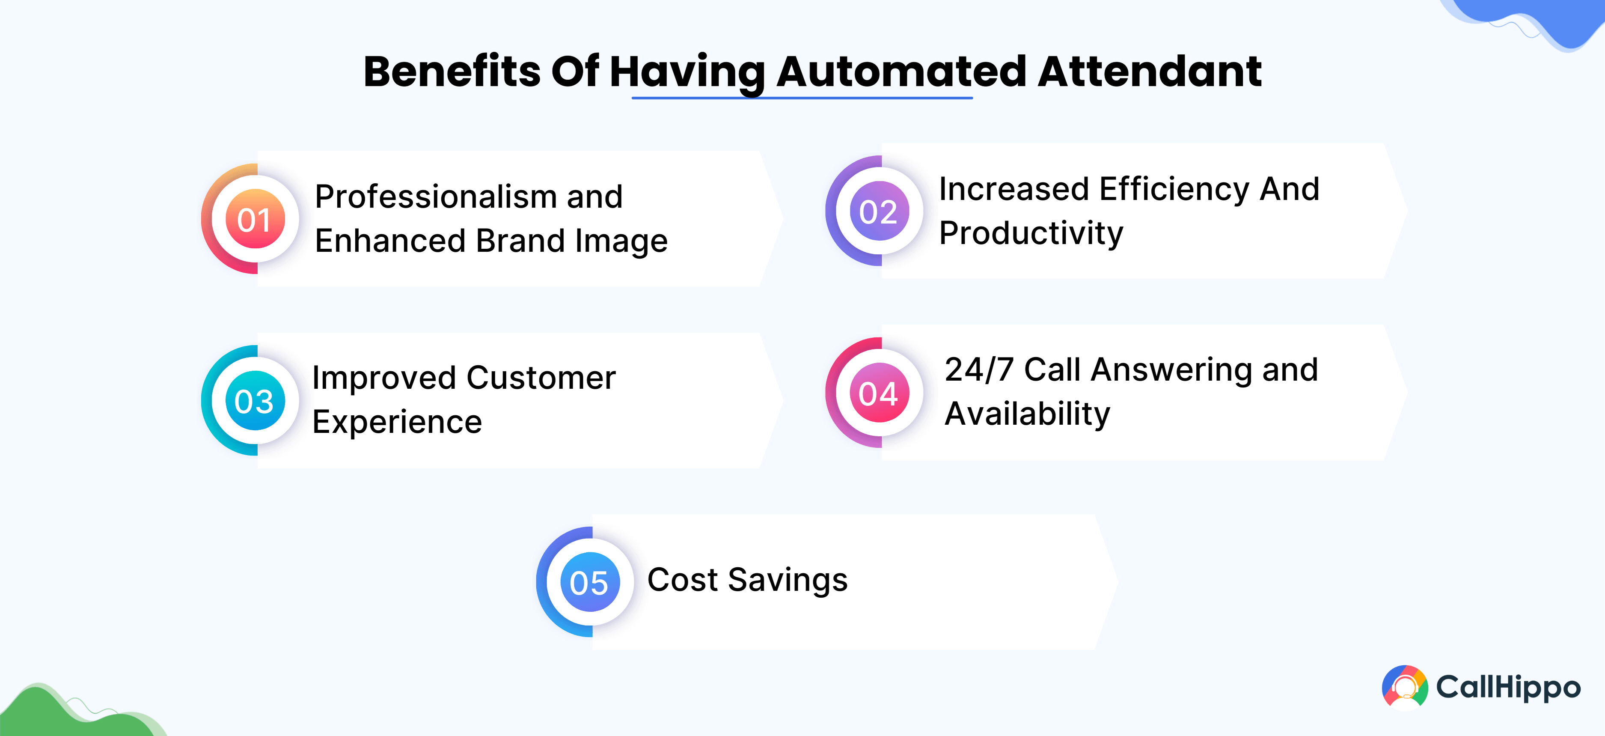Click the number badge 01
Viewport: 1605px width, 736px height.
(x=256, y=219)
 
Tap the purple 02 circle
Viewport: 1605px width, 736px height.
(x=879, y=211)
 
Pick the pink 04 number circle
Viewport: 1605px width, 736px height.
(x=879, y=393)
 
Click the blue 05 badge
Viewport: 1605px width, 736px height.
(x=590, y=582)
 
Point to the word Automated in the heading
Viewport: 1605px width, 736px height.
(x=901, y=71)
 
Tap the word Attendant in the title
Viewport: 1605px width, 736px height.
(x=1150, y=71)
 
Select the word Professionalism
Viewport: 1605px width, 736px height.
(x=436, y=197)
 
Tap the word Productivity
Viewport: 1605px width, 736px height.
(x=1031, y=234)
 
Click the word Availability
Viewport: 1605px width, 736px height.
(x=1028, y=414)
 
